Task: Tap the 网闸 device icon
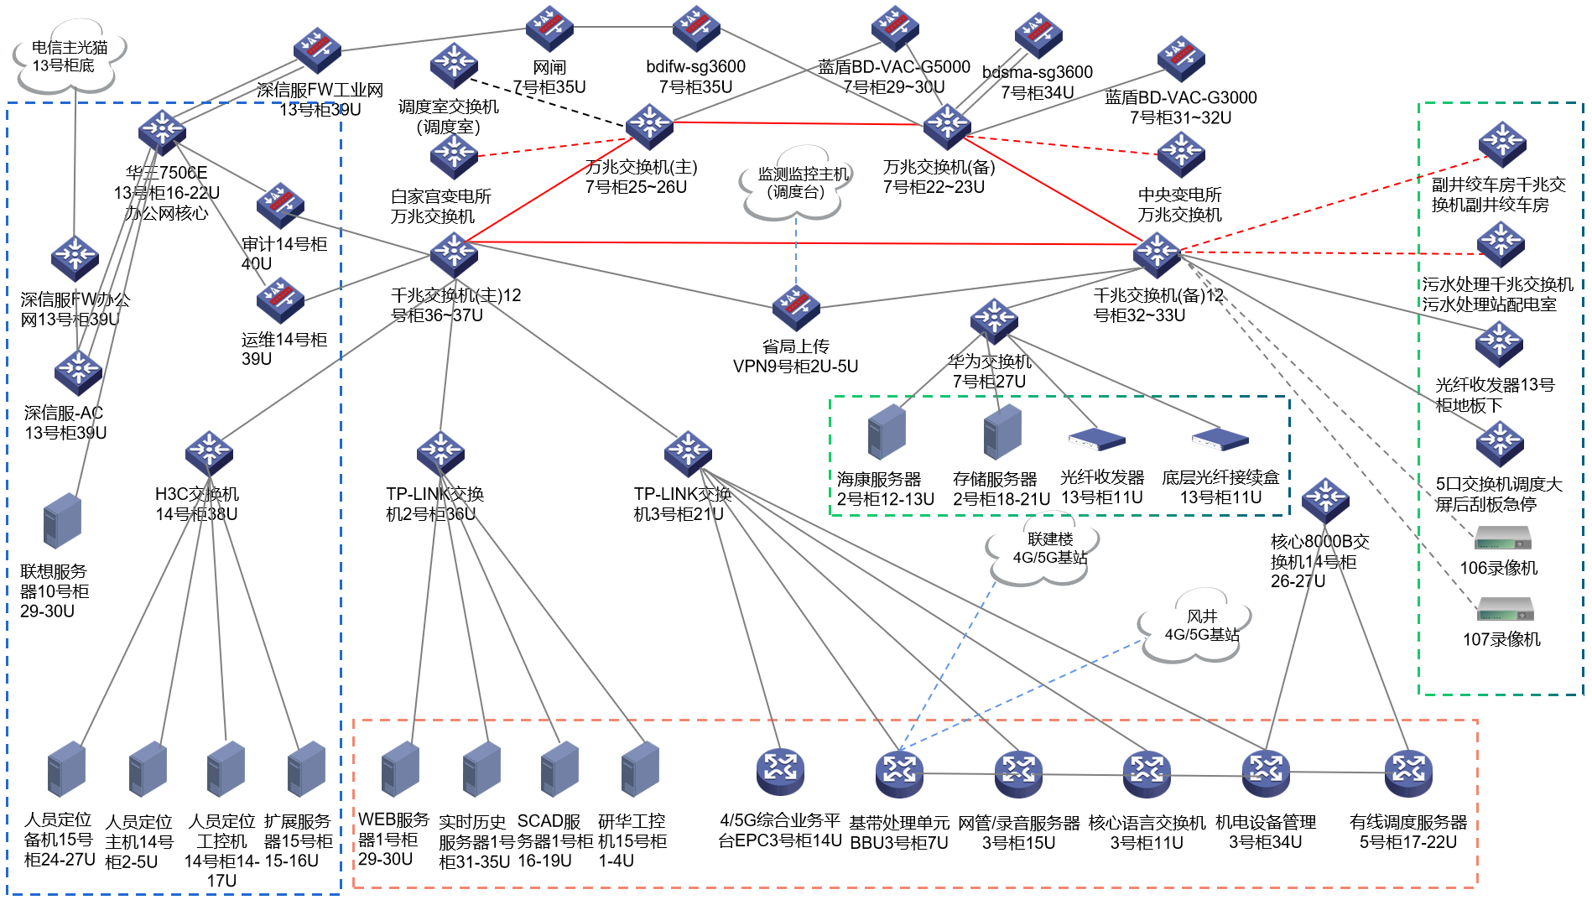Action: pyautogui.click(x=549, y=29)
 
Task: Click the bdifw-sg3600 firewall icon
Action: pyautogui.click(x=696, y=29)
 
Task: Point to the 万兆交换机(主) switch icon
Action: pyautogui.click(x=649, y=126)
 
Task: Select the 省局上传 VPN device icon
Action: pyautogui.click(x=796, y=307)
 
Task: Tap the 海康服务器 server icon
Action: pyautogui.click(x=887, y=432)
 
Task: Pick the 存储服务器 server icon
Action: pyautogui.click(x=1002, y=432)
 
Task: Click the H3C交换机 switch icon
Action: pyautogui.click(x=209, y=454)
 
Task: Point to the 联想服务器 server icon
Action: pyautogui.click(x=62, y=521)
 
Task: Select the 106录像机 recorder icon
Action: pyautogui.click(x=1503, y=538)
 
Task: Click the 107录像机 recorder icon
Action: pyautogui.click(x=1505, y=609)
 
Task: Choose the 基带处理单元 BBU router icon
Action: pyautogui.click(x=899, y=773)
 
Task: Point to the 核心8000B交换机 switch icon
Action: pyautogui.click(x=1325, y=500)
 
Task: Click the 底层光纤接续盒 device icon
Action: pyautogui.click(x=1220, y=439)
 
